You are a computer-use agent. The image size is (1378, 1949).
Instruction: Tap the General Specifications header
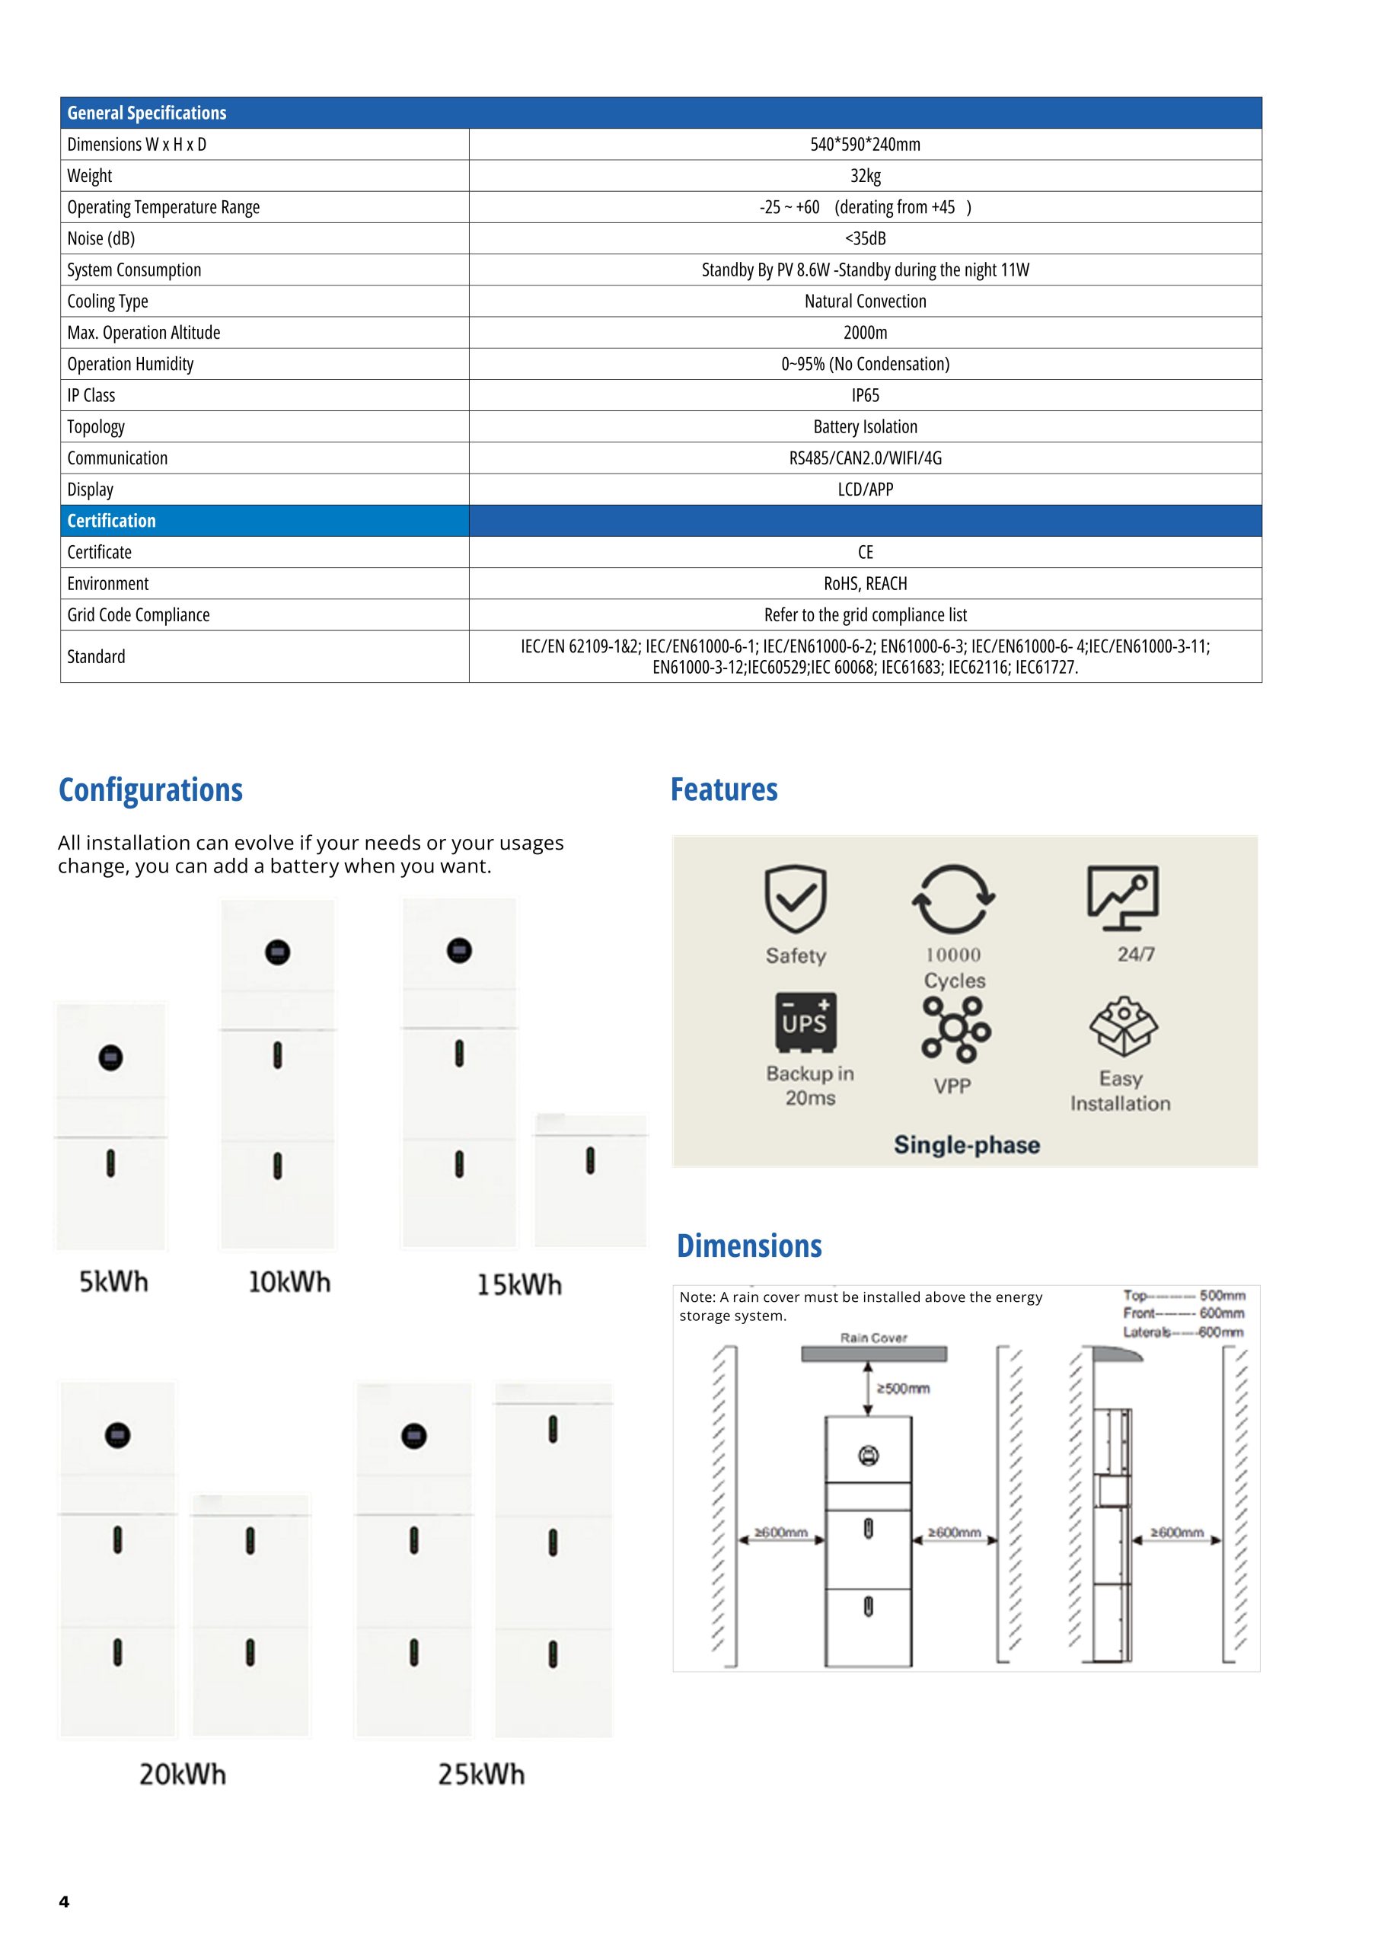[147, 113]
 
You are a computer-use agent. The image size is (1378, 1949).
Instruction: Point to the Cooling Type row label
[108, 301]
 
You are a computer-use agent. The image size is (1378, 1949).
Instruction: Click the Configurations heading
[150, 790]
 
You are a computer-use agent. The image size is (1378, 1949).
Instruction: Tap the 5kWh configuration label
[113, 1281]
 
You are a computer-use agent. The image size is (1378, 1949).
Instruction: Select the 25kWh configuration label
[481, 1774]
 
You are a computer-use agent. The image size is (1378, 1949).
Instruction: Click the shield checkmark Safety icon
[796, 899]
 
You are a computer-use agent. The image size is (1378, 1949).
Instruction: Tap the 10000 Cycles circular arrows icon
[953, 899]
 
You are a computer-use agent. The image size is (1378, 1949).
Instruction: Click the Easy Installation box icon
[1123, 1026]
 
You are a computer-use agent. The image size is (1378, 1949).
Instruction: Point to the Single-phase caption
[966, 1145]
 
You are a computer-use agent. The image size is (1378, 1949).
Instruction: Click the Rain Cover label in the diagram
[874, 1338]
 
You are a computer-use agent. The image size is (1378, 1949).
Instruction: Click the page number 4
[64, 1902]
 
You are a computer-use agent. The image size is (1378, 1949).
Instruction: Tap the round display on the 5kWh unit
[111, 1057]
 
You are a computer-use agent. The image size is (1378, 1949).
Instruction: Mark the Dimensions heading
[749, 1246]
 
